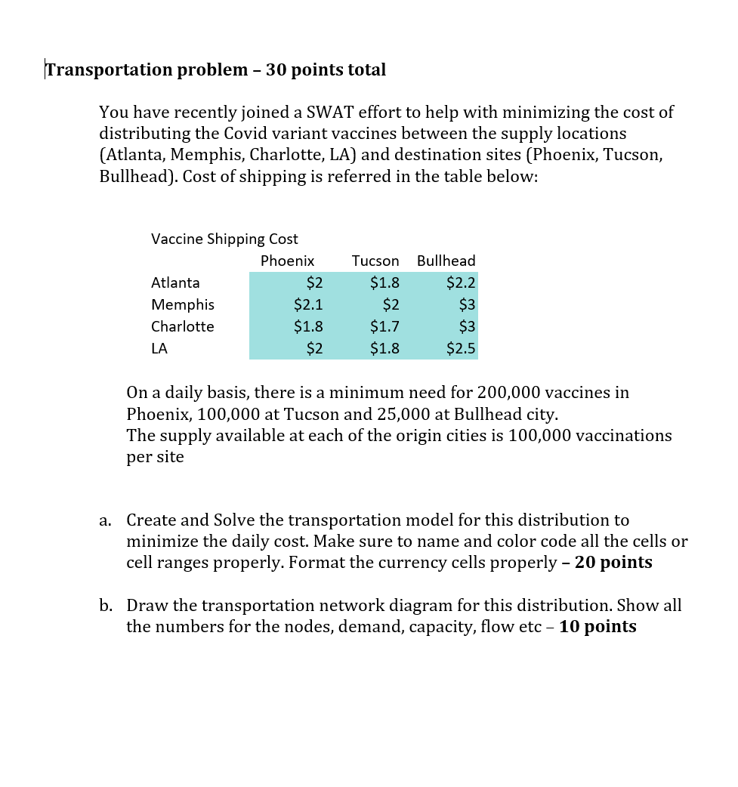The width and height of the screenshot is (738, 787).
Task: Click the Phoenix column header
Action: [287, 261]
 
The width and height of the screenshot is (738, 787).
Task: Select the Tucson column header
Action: [375, 261]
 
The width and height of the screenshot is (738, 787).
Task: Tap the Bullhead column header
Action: [446, 261]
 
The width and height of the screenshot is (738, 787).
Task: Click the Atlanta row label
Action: [175, 282]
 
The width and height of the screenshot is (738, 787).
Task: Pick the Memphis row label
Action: [182, 304]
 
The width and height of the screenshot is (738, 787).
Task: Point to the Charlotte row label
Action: [182, 326]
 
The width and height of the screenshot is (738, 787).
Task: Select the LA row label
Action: [159, 348]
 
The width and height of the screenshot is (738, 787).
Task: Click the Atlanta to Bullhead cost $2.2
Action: [461, 282]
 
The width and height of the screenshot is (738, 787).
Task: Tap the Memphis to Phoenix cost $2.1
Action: [308, 304]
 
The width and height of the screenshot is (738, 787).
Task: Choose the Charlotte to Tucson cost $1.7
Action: [384, 326]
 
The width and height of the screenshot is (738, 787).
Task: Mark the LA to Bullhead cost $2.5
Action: [461, 348]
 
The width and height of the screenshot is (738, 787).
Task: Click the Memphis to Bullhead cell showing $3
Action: [467, 304]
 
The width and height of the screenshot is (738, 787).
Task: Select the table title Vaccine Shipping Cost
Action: [224, 239]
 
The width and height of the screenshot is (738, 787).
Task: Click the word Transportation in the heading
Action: [109, 70]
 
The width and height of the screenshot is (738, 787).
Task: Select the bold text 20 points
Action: [613, 563]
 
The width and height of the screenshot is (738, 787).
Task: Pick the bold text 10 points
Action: [598, 627]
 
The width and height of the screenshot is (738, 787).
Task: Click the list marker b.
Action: [106, 606]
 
